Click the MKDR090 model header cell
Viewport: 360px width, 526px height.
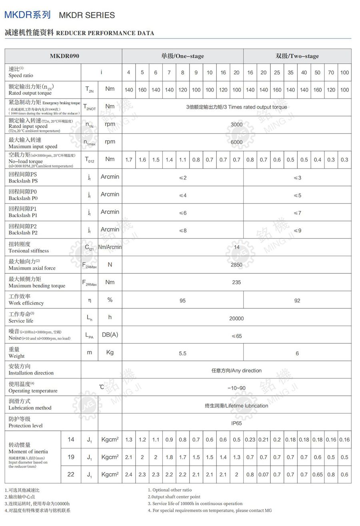tap(64, 56)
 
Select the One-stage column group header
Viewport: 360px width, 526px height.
tap(182, 56)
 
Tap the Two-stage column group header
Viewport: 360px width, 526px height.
tap(297, 56)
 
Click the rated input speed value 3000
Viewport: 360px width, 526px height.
tap(236, 124)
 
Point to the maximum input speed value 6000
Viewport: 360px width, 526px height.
tap(236, 142)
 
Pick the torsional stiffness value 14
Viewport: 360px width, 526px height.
tap(236, 247)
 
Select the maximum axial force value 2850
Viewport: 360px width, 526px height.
tap(236, 265)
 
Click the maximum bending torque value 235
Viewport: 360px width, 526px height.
tap(236, 282)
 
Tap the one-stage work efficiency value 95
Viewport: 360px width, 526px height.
tap(182, 300)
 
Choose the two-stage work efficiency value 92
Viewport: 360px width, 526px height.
tap(297, 300)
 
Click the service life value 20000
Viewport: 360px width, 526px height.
tap(236, 318)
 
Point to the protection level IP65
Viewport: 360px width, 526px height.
tap(236, 423)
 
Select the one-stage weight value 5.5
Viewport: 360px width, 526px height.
tap(182, 353)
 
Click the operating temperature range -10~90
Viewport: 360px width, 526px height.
tap(236, 388)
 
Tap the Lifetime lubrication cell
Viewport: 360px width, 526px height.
tap(236, 406)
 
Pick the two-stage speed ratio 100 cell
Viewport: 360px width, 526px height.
tap(344, 72)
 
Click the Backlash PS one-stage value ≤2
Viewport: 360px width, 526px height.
tap(182, 177)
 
